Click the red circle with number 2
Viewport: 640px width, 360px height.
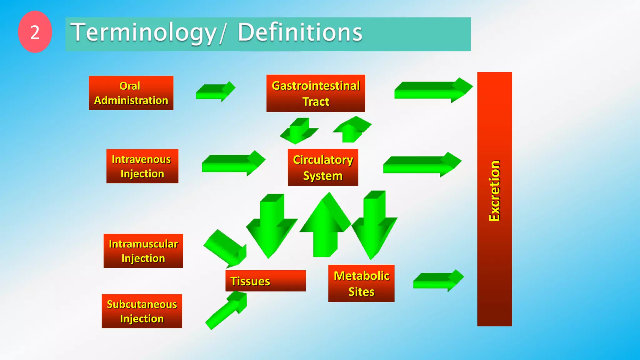[x=35, y=32]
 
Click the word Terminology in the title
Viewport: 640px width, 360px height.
[x=143, y=32]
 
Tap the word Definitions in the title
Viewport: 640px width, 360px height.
[x=300, y=32]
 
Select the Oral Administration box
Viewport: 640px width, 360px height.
[x=131, y=93]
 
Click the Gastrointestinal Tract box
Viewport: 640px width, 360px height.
[x=316, y=93]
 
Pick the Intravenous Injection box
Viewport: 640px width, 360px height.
[x=142, y=166]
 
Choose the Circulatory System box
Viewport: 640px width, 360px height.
[x=323, y=167]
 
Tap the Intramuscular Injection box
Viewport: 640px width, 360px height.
[x=143, y=251]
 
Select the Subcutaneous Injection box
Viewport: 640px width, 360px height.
[x=142, y=311]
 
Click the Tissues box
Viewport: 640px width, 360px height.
[x=265, y=281]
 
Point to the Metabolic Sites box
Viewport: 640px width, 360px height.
[x=361, y=283]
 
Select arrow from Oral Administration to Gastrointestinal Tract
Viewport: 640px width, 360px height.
[x=215, y=91]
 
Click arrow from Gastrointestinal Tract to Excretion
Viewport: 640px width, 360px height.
[x=433, y=90]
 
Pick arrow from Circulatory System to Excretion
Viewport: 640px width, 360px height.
[x=422, y=164]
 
